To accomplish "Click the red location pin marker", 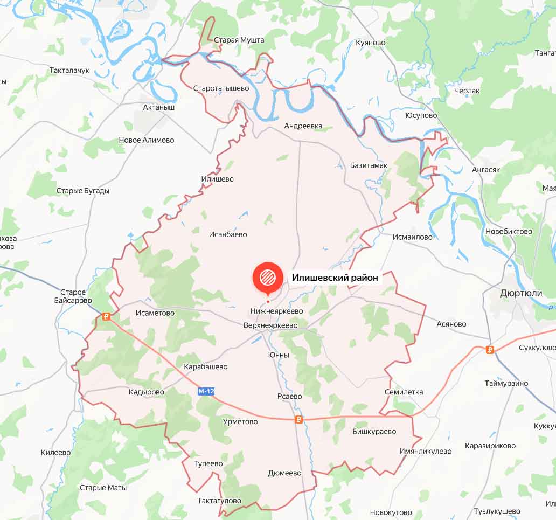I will [x=268, y=278].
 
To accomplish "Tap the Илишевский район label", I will [x=336, y=278].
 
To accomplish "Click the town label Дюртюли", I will [x=521, y=293].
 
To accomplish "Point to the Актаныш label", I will [x=159, y=107].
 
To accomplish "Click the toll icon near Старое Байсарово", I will [x=106, y=317].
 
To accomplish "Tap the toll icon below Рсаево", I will [x=298, y=420].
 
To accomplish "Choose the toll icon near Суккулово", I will [x=490, y=350].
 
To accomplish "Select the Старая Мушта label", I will [x=239, y=40].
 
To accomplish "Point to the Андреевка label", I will [x=303, y=126].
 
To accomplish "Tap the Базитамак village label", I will [x=369, y=165].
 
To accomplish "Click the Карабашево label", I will [x=205, y=366].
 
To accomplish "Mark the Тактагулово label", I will [x=219, y=501].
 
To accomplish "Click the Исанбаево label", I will [x=228, y=234].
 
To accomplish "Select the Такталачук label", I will [x=69, y=71].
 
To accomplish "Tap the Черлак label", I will [x=467, y=91].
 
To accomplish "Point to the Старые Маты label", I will [x=103, y=488].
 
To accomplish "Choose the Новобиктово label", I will [x=509, y=231].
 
